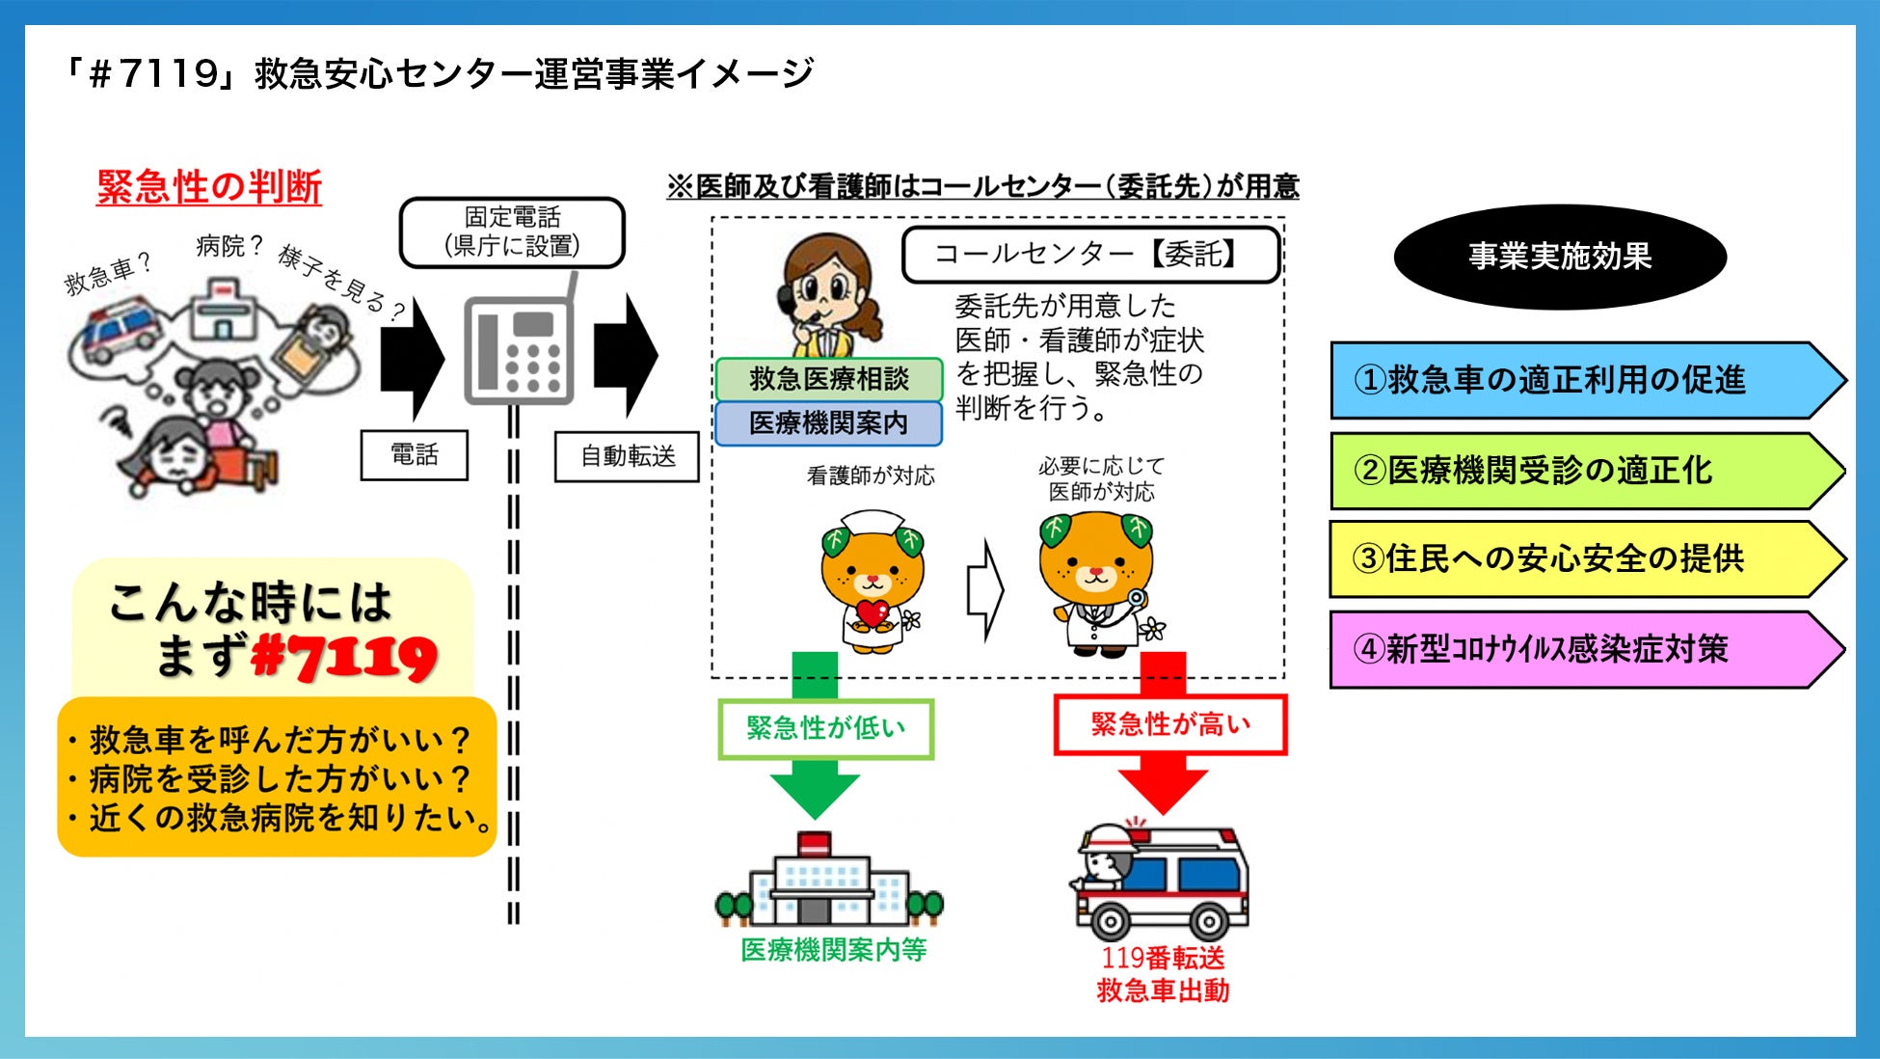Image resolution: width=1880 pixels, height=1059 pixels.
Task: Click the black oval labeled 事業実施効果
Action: (1559, 257)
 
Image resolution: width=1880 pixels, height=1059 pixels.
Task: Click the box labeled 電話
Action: (414, 455)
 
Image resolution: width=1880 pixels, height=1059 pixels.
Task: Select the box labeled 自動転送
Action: (627, 456)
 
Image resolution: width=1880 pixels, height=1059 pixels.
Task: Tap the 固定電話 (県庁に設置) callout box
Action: (512, 232)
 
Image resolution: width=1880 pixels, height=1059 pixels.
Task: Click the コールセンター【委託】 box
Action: (1090, 255)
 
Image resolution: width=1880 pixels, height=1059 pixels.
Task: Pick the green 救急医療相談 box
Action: (828, 379)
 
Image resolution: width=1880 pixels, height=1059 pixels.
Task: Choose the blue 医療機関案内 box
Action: (828, 422)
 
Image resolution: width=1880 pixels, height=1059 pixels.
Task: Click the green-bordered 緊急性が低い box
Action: (826, 728)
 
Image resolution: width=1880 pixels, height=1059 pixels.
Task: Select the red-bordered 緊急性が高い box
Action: (1169, 724)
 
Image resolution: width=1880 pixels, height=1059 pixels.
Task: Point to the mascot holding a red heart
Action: (872, 584)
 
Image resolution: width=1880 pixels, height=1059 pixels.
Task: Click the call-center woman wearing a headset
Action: (826, 294)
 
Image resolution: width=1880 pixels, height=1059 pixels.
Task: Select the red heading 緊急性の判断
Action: (209, 187)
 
